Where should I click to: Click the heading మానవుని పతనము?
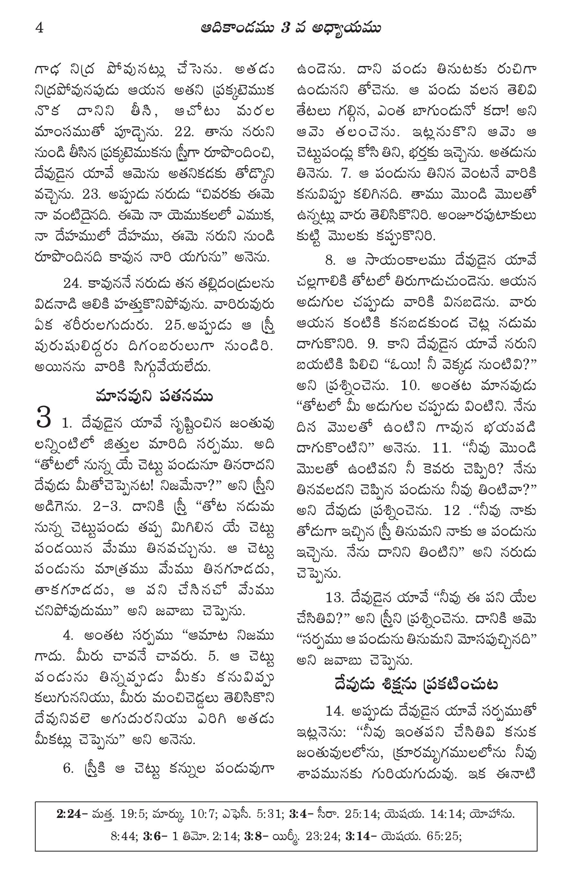[x=154, y=396]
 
